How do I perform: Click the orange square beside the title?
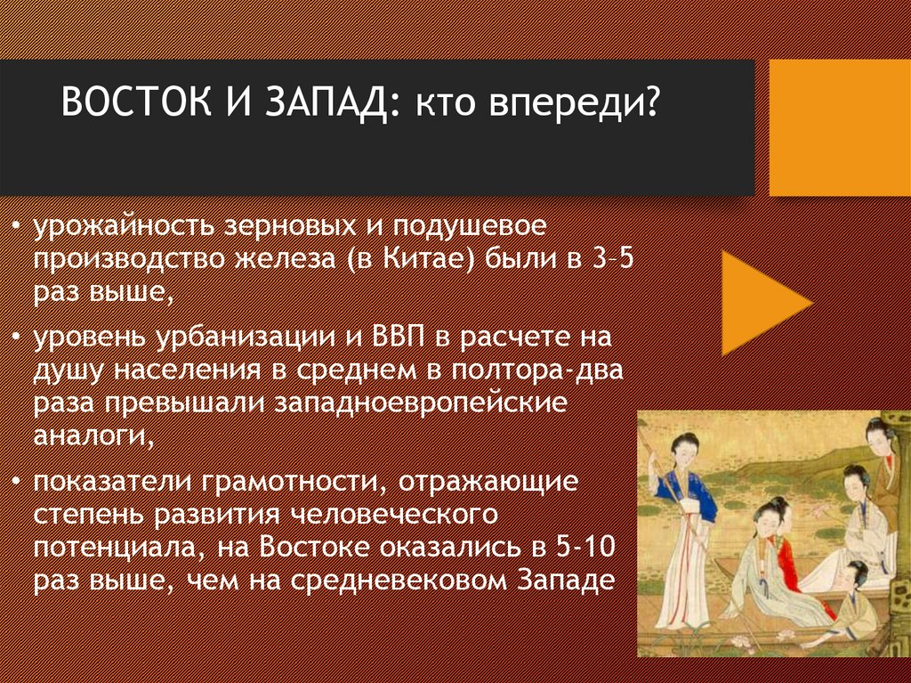(839, 127)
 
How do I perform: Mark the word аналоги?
(87, 435)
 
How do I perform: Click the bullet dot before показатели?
(19, 483)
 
